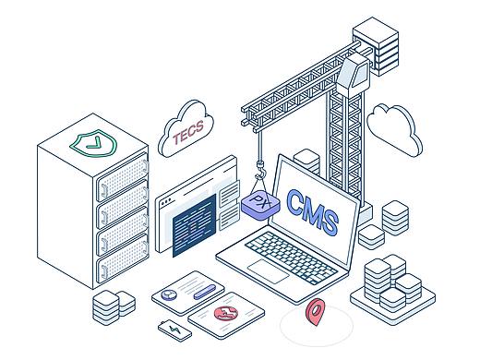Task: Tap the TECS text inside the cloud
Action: (x=188, y=132)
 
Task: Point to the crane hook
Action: (x=261, y=171)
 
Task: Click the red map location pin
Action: (x=316, y=311)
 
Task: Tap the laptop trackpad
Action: (x=269, y=270)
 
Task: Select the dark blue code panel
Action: (x=194, y=225)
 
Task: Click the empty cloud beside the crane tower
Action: (x=394, y=129)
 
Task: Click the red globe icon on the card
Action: (x=226, y=313)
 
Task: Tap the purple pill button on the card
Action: (x=205, y=292)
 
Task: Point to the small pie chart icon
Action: (x=169, y=294)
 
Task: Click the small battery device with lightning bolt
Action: (x=174, y=330)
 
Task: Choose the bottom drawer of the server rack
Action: (x=123, y=258)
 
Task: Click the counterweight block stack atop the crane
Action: (x=376, y=46)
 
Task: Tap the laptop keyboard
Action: (x=291, y=258)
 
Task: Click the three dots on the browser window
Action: (x=166, y=202)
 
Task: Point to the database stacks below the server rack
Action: (x=114, y=307)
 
